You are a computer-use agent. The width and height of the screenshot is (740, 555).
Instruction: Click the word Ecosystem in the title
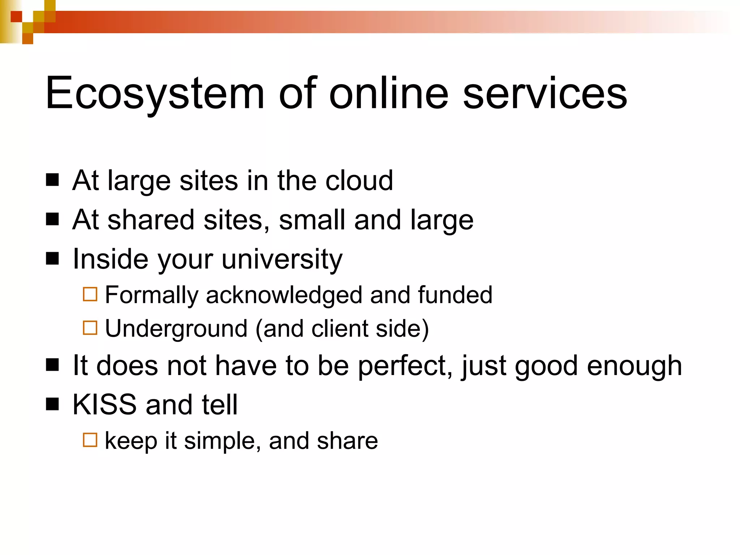(x=155, y=94)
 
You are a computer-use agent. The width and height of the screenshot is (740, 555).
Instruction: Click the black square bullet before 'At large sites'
(x=52, y=180)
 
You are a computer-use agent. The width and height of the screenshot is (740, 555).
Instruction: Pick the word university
(x=282, y=259)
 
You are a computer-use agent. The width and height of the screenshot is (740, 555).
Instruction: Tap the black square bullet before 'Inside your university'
(x=52, y=258)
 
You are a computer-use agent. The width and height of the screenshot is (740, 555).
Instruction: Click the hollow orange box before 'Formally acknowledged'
(x=90, y=294)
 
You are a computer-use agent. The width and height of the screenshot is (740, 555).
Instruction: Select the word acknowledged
(x=284, y=295)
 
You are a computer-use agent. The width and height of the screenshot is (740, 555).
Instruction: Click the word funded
(x=455, y=295)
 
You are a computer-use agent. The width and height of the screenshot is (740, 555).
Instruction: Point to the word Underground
(x=176, y=328)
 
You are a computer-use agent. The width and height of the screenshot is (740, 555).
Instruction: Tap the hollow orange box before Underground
(x=90, y=328)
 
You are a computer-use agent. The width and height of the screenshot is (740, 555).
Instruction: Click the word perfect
(x=405, y=366)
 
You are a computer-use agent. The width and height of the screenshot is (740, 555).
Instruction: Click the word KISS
(x=104, y=405)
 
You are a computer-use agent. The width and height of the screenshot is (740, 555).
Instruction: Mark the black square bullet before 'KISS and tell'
(x=52, y=404)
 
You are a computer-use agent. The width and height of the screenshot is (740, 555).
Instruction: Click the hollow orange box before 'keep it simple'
(x=90, y=440)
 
